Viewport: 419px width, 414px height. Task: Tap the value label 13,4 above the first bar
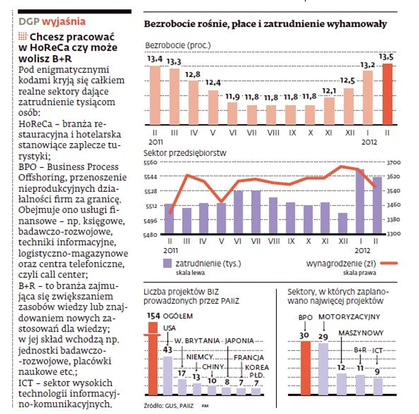pos(155,59)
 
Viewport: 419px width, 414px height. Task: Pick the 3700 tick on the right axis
pos(394,163)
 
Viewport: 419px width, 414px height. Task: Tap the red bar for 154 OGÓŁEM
pos(153,358)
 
